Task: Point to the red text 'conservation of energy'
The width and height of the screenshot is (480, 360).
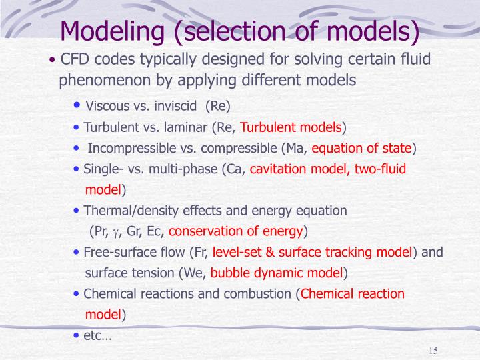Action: [x=236, y=232]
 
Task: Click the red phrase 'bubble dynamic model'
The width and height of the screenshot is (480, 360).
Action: [x=276, y=273]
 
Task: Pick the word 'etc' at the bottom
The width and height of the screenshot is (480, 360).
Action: [x=93, y=335]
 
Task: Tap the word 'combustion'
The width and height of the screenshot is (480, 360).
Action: [x=261, y=294]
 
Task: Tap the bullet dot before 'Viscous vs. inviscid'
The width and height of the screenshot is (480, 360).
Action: [x=78, y=106]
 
